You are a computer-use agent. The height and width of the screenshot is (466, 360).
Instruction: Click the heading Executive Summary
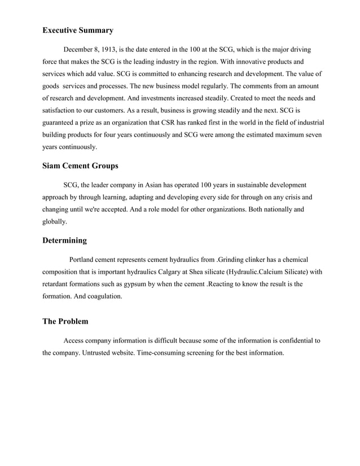click(78, 30)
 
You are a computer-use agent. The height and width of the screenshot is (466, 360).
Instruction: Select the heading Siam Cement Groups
click(80, 166)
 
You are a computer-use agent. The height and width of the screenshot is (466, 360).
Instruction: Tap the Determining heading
click(64, 240)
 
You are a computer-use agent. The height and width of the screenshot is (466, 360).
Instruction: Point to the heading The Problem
click(65, 322)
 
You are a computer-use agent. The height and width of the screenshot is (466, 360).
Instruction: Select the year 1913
click(117, 50)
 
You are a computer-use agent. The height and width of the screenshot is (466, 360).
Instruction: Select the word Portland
click(82, 260)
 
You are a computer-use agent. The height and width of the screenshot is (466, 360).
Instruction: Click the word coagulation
click(102, 296)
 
